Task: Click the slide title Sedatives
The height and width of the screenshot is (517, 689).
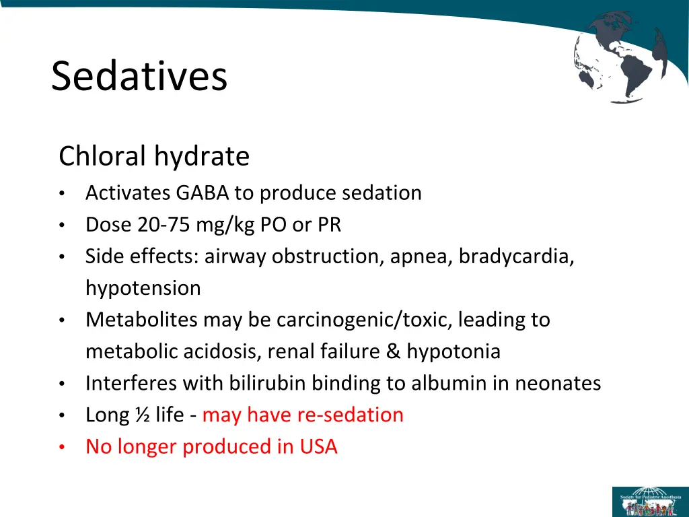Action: coord(139,76)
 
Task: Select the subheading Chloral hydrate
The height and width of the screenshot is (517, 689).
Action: coord(154,157)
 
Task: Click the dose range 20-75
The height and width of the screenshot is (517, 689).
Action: coord(164,225)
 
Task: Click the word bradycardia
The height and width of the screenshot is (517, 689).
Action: coord(516,256)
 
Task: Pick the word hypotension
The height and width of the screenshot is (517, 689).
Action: coord(143,288)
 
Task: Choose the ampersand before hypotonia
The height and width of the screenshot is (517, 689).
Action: coord(393,351)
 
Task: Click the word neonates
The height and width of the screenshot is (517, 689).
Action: coord(558,383)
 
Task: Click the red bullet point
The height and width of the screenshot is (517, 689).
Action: coord(61,447)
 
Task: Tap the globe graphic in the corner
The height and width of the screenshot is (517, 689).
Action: coord(620,57)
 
